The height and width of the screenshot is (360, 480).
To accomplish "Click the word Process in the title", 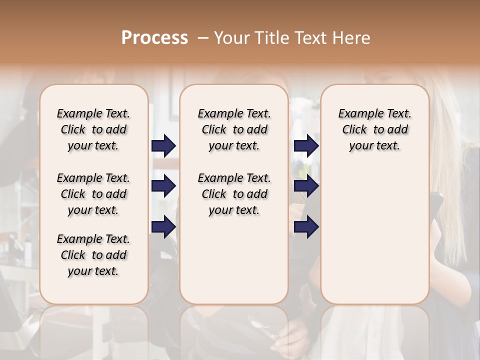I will (x=154, y=38).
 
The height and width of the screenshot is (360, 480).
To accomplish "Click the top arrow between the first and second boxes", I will (x=163, y=146).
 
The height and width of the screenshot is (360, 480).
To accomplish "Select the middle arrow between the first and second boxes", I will (x=163, y=186).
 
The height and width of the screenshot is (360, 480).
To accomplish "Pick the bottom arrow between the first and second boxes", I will (x=163, y=227).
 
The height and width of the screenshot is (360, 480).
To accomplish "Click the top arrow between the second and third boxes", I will (x=306, y=146).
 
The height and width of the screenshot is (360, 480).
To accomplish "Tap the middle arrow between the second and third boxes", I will (x=306, y=186).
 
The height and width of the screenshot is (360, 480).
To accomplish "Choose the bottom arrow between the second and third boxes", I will (x=306, y=227).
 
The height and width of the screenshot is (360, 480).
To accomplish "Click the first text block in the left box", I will (x=93, y=129).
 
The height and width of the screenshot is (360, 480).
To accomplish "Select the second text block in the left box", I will (x=93, y=194).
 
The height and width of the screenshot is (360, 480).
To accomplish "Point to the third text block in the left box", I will (x=93, y=255).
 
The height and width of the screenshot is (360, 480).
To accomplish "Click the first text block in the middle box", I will (x=234, y=129).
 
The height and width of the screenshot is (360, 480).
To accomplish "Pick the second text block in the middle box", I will (x=234, y=194).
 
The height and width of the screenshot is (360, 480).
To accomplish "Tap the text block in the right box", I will (x=374, y=129).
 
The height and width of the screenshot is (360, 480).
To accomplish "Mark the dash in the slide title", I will (x=203, y=38).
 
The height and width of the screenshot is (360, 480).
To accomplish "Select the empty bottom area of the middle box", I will (x=234, y=265).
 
